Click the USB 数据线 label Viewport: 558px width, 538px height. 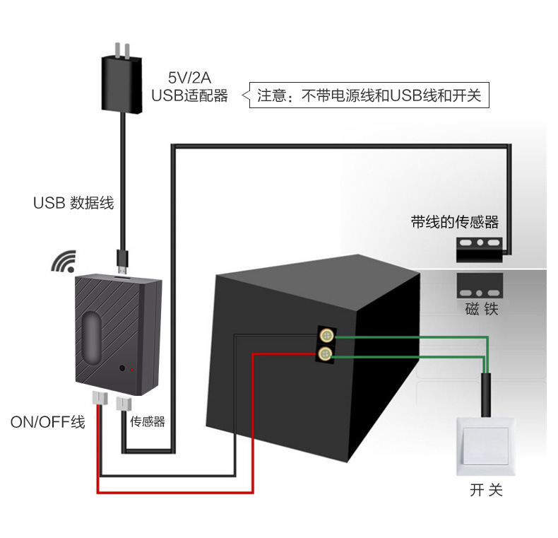73,203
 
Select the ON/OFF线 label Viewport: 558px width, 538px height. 47,423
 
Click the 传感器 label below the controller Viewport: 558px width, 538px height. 147,421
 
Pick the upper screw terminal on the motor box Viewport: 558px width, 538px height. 326,336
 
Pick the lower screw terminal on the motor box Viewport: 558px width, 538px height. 326,353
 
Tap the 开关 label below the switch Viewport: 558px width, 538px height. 486,490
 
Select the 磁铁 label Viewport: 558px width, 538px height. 482,309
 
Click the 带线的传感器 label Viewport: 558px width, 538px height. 455,223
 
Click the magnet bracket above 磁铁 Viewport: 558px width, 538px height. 480,286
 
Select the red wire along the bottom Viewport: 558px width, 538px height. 177,492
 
